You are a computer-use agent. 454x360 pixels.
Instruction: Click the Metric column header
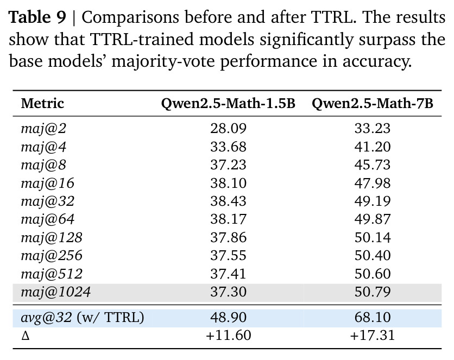(42, 103)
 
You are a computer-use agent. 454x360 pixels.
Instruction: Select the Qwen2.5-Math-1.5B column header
(228, 104)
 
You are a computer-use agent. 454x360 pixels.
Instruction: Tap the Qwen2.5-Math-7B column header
(373, 104)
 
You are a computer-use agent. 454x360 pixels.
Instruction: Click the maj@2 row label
(43, 129)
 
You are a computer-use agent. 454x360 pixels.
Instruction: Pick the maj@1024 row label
(55, 292)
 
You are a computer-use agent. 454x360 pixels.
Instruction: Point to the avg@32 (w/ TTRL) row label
(83, 317)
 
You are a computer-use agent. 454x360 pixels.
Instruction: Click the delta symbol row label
(26, 336)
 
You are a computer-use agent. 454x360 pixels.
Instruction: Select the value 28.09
(228, 129)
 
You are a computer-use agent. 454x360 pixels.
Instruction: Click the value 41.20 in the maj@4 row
(373, 147)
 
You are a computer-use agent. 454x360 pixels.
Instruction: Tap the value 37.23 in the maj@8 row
(228, 165)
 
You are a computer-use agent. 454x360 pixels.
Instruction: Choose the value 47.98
(373, 183)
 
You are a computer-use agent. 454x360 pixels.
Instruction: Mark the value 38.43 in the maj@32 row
(228, 201)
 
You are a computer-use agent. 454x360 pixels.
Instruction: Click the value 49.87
(373, 219)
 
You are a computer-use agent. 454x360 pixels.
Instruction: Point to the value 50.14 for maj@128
(373, 238)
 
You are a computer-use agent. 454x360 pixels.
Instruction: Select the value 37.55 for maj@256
(228, 256)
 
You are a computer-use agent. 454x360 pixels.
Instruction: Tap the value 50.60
(373, 274)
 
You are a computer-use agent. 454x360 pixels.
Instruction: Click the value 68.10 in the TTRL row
(373, 317)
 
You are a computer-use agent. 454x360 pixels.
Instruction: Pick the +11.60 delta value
(228, 336)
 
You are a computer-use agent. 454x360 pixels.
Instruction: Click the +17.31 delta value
(373, 336)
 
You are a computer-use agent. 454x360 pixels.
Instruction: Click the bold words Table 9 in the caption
(37, 17)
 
